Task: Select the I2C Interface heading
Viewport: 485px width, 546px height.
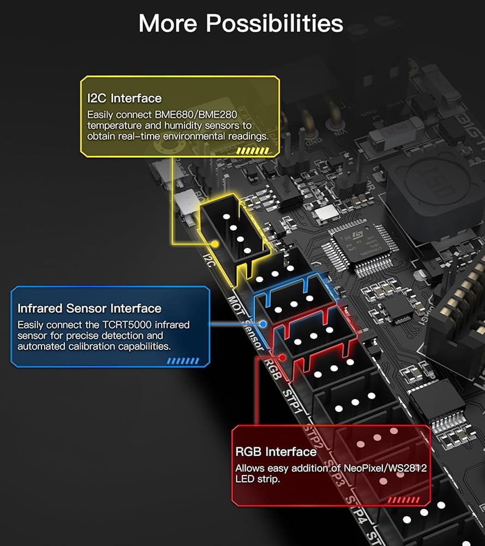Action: coord(124,98)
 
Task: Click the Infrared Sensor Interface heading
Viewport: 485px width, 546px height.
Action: coord(89,308)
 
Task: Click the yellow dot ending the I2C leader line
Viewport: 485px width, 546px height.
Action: coord(217,244)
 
